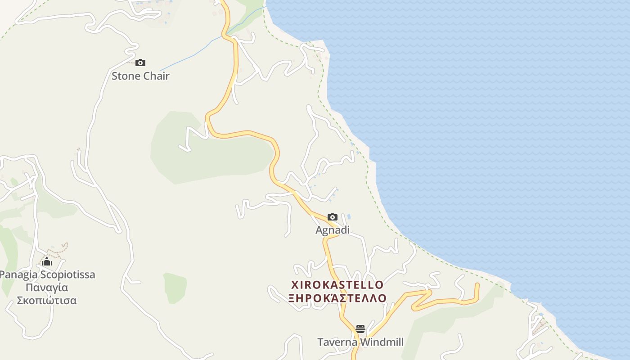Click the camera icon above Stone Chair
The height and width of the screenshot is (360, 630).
pos(140,63)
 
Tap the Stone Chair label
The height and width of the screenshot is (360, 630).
pos(140,76)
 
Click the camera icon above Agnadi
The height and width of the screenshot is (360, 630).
pos(333,217)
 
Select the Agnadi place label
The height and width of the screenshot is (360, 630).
pos(333,230)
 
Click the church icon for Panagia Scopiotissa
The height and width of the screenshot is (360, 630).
pos(47,261)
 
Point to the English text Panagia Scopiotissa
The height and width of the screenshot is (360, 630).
pos(47,274)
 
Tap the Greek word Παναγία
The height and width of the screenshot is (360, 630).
pos(47,288)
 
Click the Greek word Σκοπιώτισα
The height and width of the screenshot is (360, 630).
pos(47,300)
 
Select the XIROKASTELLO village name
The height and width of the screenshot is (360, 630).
pos(337,285)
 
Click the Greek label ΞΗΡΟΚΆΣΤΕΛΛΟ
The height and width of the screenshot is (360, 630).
pos(337,298)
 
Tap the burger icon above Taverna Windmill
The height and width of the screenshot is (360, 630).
pos(360,329)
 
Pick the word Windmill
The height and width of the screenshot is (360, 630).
pos(381,342)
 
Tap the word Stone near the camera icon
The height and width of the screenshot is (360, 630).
pos(126,76)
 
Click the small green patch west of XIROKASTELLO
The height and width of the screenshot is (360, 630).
pos(175,287)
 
